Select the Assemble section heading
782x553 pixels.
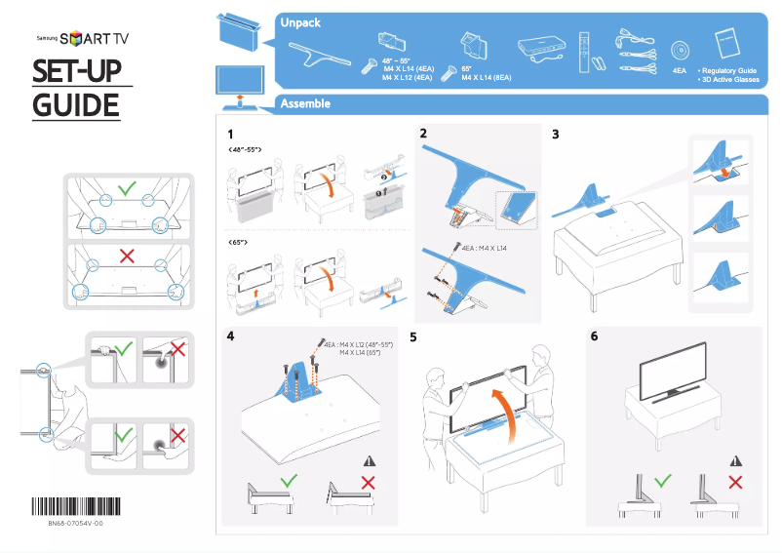[x=304, y=103]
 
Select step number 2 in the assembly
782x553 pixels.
[x=423, y=134]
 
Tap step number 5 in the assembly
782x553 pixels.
[x=413, y=337]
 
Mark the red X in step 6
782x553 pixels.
[x=735, y=482]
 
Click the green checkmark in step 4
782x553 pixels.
[x=288, y=482]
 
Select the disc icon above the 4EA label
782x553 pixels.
[x=680, y=52]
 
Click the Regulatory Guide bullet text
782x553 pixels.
[x=729, y=71]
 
